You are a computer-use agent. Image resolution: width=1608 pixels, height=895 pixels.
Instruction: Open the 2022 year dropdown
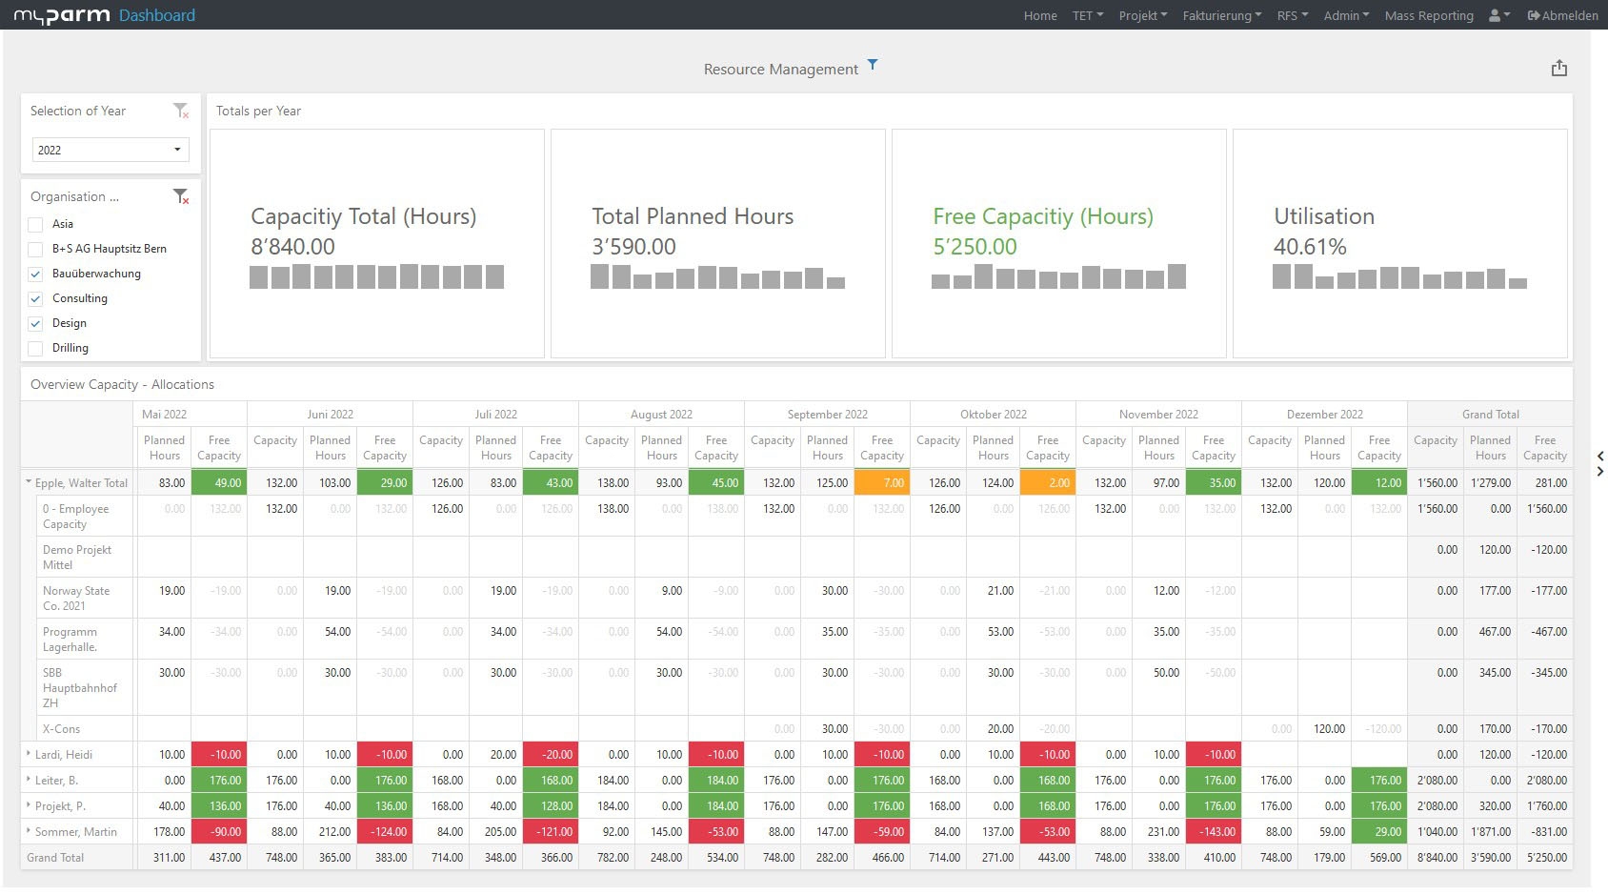[111, 150]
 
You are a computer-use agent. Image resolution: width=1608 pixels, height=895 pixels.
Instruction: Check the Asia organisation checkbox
[36, 224]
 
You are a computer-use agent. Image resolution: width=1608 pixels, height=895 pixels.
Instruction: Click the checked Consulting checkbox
[36, 298]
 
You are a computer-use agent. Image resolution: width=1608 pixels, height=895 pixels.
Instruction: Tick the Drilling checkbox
[36, 348]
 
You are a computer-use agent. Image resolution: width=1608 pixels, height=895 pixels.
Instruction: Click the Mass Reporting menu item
[1428, 15]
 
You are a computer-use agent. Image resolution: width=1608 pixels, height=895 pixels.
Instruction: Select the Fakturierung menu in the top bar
[1221, 15]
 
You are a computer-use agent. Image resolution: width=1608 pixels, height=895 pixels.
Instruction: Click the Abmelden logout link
[1562, 15]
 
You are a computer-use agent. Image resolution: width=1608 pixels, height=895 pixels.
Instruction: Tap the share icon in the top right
[1558, 69]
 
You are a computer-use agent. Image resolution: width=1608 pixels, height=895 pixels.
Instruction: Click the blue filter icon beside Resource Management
[872, 65]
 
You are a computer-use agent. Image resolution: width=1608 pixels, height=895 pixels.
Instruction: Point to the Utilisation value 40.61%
[1310, 247]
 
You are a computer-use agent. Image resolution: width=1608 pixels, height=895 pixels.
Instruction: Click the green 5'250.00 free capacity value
[975, 247]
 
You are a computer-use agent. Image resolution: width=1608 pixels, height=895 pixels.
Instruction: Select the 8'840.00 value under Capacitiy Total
[292, 247]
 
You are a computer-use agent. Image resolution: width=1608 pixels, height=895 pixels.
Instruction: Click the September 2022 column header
[827, 415]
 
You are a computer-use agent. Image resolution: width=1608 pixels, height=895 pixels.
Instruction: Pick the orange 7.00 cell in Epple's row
[881, 483]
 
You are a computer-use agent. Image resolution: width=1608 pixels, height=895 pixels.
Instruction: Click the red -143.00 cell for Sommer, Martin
[1213, 832]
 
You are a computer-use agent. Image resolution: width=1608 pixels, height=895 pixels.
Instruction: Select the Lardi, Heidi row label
[64, 755]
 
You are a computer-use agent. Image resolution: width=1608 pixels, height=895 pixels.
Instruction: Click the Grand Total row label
[55, 858]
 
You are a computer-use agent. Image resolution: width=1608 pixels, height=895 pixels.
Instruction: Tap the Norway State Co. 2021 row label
[76, 598]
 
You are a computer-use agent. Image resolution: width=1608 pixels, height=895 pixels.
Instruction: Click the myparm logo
[62, 15]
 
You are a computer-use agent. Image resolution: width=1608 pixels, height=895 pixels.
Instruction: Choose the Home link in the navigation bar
[1040, 15]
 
